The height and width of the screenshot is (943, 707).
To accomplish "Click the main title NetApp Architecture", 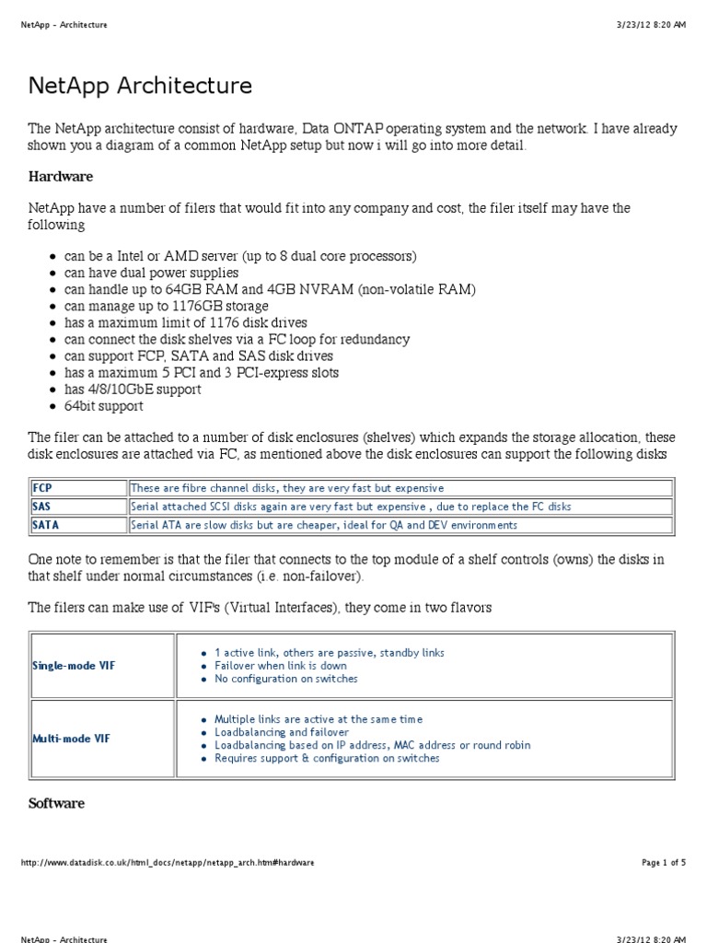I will pos(140,87).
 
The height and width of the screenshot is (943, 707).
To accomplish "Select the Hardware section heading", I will pos(61,176).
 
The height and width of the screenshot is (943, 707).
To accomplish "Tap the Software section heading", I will pos(56,803).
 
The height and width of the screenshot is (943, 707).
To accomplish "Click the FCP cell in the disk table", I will pos(43,488).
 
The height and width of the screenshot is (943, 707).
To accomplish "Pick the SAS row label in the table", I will pos(41,506).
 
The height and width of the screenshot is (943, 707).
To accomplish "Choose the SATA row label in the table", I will pos(44,525).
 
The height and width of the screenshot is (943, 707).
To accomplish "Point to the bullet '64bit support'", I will pos(103,406).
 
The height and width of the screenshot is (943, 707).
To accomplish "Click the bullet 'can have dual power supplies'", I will pos(151,273).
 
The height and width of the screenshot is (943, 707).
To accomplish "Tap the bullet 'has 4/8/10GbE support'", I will pos(133,390).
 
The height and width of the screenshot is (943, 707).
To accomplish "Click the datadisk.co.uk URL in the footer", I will pos(167,863).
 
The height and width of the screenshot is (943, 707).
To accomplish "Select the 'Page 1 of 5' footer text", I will pos(663,863).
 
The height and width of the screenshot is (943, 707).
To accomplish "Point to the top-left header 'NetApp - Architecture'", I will pos(64,25).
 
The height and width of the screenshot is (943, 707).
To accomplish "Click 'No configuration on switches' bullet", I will pos(285,679).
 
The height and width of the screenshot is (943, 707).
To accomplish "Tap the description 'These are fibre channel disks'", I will pos(287,488).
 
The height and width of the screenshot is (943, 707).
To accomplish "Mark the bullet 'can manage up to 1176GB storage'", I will pos(166,306).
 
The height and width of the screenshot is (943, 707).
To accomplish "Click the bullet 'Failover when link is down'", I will pos(281,666).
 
